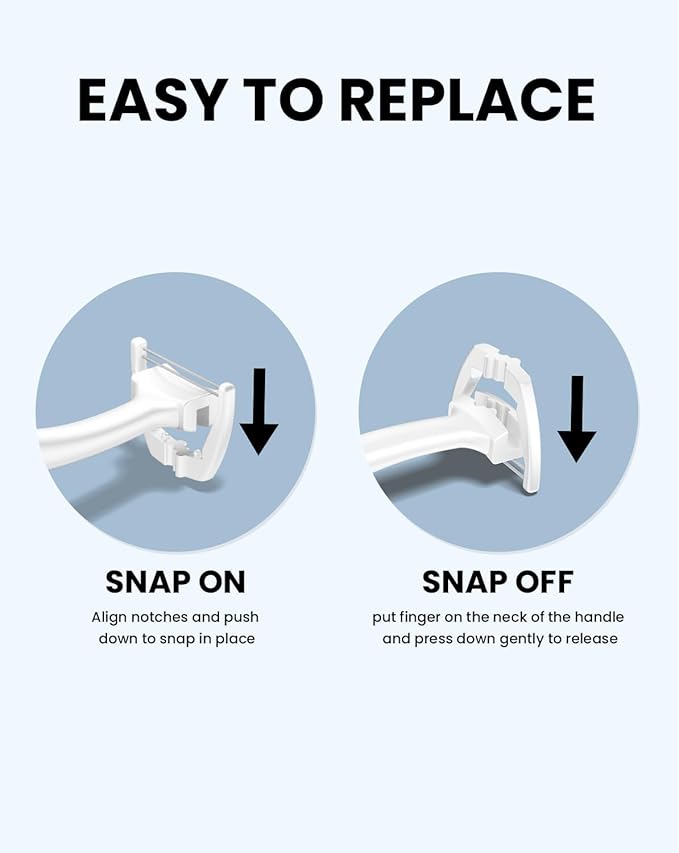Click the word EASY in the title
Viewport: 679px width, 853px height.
(151, 99)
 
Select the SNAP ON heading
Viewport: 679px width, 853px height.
(175, 582)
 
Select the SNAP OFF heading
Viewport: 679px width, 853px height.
(498, 582)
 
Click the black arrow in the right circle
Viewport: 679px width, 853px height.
(577, 418)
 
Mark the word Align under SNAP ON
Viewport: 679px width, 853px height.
(110, 617)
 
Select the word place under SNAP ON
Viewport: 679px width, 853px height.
(235, 638)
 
